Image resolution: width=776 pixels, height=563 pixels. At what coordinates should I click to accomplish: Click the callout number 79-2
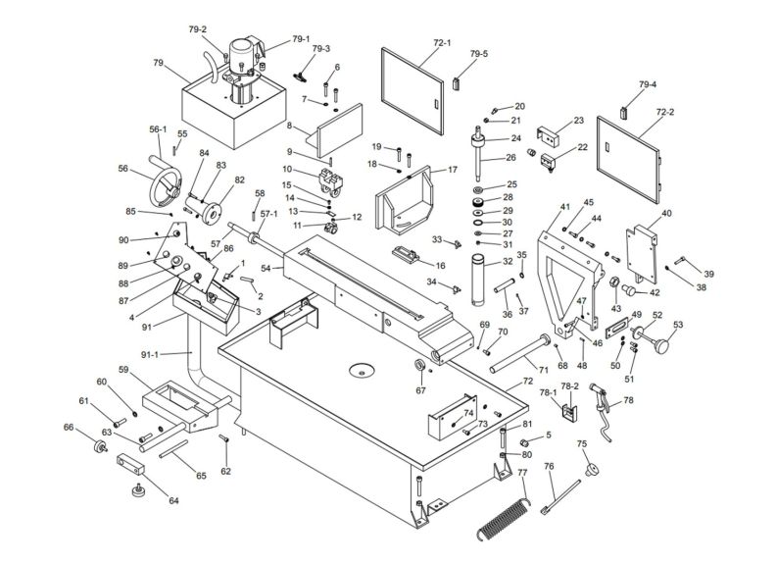point(197,28)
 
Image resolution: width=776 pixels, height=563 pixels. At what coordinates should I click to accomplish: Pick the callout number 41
point(564,207)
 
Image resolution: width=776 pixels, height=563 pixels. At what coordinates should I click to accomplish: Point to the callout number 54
point(265,268)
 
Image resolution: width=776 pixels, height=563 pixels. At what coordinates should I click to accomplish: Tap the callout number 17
point(452,170)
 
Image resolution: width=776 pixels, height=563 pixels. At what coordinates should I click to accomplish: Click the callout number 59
point(124,370)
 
